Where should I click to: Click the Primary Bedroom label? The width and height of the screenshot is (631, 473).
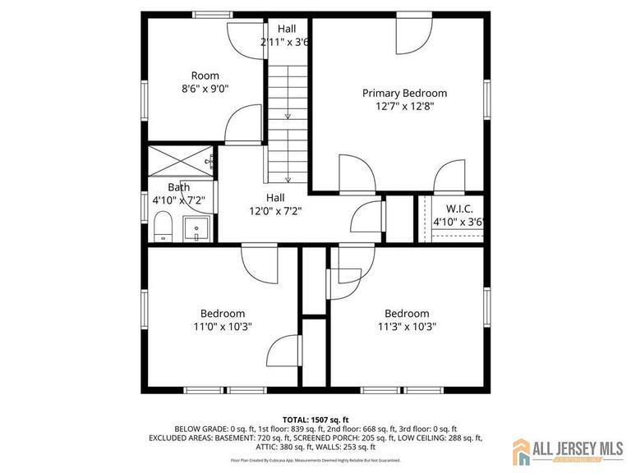(x=404, y=93)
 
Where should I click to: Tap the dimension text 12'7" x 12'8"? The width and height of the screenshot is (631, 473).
(x=404, y=106)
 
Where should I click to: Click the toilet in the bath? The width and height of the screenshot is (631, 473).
(x=163, y=226)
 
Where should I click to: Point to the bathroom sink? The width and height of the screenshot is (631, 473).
(x=196, y=227)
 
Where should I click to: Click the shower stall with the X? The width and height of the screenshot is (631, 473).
(x=177, y=162)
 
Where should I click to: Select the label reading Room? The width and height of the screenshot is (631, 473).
(x=205, y=76)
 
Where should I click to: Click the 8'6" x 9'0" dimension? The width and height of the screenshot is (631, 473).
(x=205, y=89)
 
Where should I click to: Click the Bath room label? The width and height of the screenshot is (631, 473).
(x=178, y=187)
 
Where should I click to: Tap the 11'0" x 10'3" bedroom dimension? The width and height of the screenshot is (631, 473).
(x=223, y=326)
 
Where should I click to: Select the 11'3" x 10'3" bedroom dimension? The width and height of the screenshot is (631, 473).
(x=407, y=326)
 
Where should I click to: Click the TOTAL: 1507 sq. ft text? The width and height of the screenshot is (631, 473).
(x=315, y=418)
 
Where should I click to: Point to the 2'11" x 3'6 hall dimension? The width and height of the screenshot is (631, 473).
(x=285, y=42)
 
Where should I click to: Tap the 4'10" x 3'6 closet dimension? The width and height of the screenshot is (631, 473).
(x=458, y=222)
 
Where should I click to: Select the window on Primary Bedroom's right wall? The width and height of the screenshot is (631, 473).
(x=486, y=99)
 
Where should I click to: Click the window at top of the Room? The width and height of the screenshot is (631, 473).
(x=212, y=15)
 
